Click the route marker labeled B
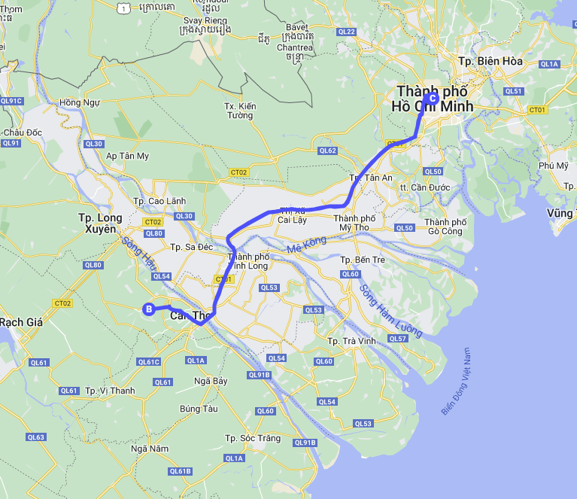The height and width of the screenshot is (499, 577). pos(149,309)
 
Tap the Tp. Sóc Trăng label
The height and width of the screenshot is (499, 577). pos(253,438)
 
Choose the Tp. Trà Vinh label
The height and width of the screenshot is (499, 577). pos(351,341)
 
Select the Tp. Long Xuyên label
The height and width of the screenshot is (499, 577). pos(100,223)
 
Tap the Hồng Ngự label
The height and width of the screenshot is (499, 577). pos(79,102)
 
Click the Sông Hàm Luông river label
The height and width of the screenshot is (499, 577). pos(389,309)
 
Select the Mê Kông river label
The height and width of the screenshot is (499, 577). pos(306,245)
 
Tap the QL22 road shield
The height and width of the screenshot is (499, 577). pos(347,32)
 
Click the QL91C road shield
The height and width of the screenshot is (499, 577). pos(11,100)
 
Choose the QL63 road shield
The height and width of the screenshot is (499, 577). pos(35,437)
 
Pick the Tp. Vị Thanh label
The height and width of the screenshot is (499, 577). pos(110,391)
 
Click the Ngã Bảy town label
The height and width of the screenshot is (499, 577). pos(210,381)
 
